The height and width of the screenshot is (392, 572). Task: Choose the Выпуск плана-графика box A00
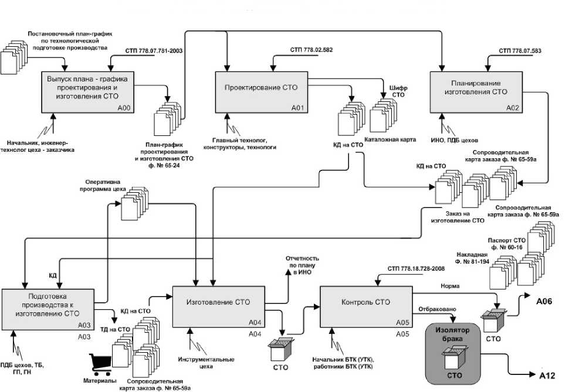[88, 91]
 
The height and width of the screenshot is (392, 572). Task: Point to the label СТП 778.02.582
[311, 50]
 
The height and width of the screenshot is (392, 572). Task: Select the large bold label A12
[547, 373]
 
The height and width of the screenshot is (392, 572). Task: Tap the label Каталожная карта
[390, 140]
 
